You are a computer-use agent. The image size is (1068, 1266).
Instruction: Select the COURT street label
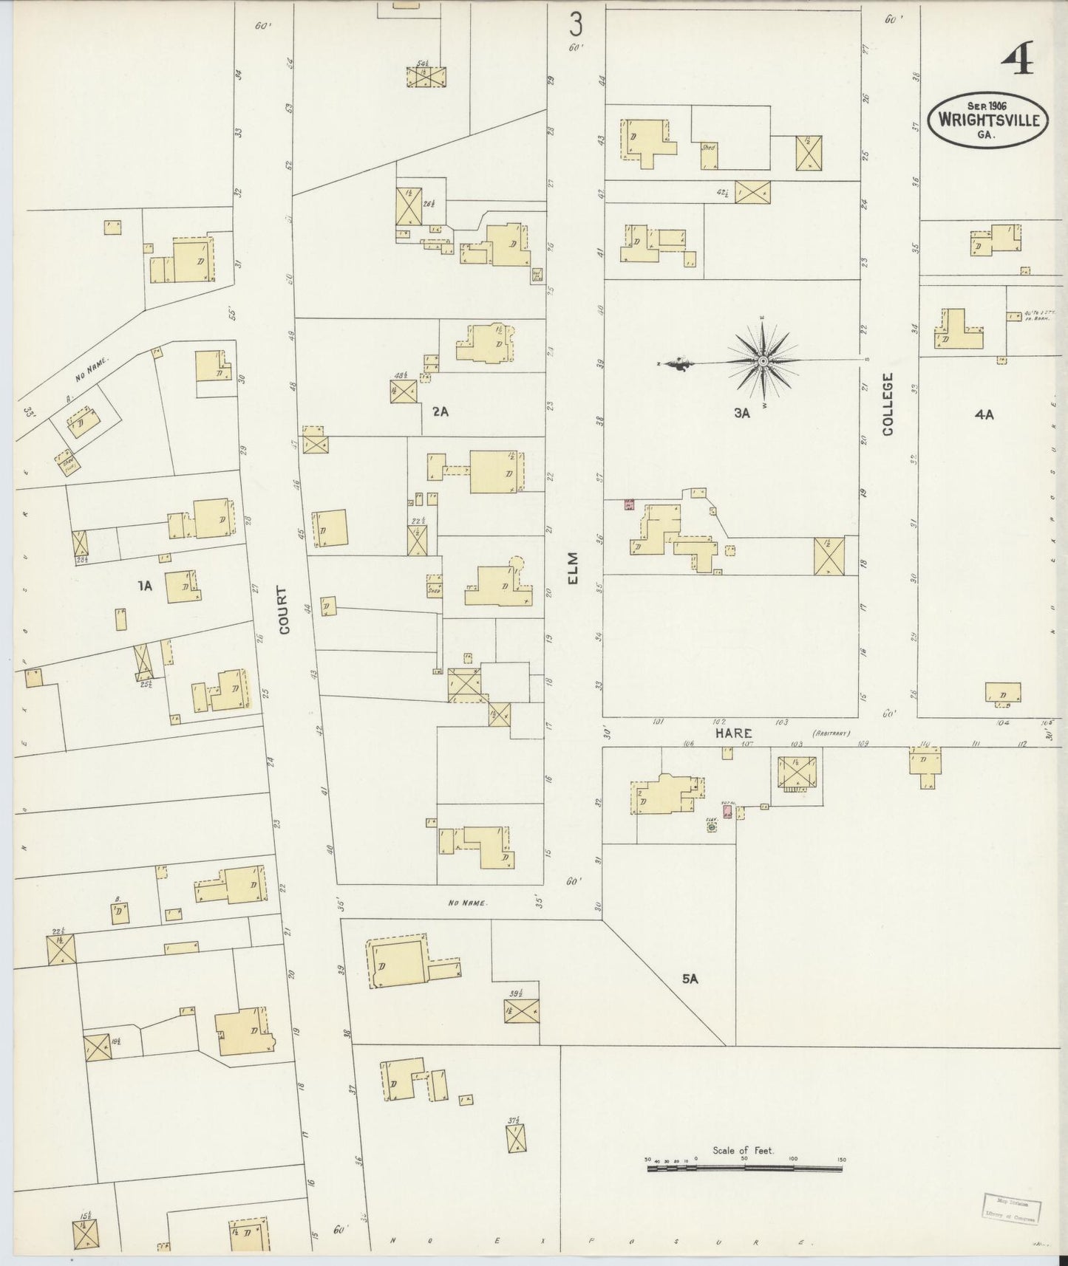click(x=285, y=609)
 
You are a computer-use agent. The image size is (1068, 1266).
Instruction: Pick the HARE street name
click(x=732, y=733)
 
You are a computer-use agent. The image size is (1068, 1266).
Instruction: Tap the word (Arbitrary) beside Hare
click(x=831, y=733)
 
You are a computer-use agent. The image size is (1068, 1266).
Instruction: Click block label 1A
click(x=144, y=586)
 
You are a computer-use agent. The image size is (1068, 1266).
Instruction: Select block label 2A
click(x=441, y=411)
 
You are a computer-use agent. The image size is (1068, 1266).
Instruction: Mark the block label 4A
click(x=984, y=415)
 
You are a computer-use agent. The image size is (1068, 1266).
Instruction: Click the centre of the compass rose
click(x=762, y=361)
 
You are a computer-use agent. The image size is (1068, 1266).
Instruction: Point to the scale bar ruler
click(x=744, y=1169)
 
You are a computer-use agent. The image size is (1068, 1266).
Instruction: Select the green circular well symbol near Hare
click(x=712, y=828)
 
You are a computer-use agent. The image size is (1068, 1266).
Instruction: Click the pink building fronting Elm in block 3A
click(x=629, y=505)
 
